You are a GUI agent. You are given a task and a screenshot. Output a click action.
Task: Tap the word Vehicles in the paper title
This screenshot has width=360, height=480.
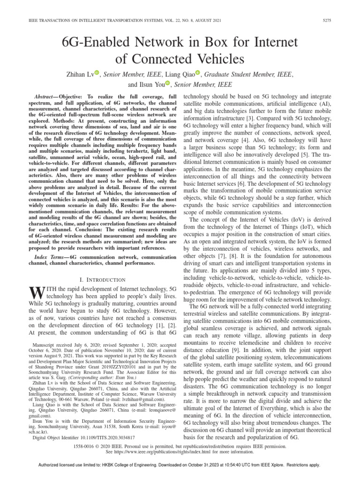(x=217, y=60)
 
